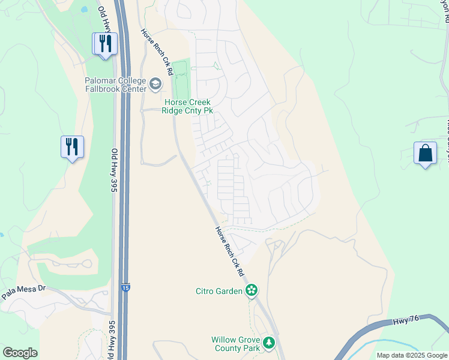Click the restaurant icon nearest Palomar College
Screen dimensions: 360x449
(x=105, y=43)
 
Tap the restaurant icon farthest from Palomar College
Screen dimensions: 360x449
(x=72, y=146)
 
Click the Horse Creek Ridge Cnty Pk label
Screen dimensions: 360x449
(x=188, y=106)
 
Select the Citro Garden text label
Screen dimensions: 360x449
(x=218, y=292)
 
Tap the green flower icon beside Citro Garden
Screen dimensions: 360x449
(x=252, y=292)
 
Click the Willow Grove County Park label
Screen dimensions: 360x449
(x=235, y=344)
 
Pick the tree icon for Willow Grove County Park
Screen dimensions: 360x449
(x=270, y=343)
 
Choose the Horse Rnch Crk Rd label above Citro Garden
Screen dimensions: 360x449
(x=231, y=251)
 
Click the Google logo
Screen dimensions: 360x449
(x=20, y=353)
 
